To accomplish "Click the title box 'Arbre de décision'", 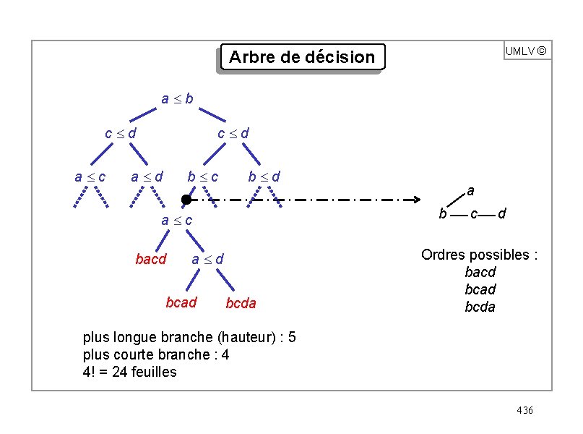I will point(301,56).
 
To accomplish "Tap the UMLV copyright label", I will point(526,51).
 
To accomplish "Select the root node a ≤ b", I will point(176,98).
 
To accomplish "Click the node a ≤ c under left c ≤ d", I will point(90,176).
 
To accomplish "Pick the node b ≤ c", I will point(203,176).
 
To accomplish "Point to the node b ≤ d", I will point(264,176).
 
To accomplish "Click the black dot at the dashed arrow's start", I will point(186,200).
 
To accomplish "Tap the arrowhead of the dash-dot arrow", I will point(418,200).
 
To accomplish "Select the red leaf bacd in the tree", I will point(150,259).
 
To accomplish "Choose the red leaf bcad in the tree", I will point(181,302).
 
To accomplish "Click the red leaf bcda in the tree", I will point(241,304).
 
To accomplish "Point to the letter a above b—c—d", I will point(470,191).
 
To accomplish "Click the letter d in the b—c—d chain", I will point(501,214).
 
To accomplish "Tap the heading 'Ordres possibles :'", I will point(480,255).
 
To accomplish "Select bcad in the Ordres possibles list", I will point(480,289).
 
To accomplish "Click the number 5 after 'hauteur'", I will point(291,337).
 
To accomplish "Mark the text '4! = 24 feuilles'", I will point(130,372).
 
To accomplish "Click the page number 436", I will point(524,411).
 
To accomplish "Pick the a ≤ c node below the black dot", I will point(176,220).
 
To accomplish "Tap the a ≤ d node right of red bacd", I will point(207,259).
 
